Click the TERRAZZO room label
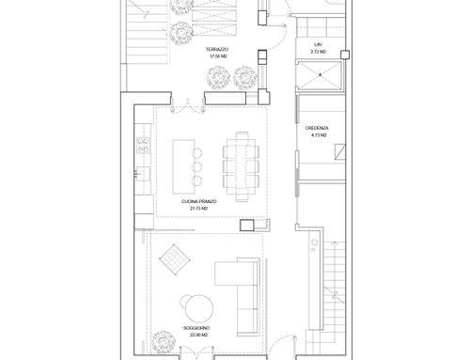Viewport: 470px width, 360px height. coord(217,49)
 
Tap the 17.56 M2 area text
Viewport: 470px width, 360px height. coord(218,56)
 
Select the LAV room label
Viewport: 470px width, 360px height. coord(318,45)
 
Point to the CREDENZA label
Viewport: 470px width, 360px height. coord(317,128)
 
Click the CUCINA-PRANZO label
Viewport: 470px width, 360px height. coord(199,201)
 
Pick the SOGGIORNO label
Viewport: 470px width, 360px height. coord(196,328)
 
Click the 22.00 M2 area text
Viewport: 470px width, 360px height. coord(198,335)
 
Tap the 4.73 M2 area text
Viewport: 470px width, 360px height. coord(319,135)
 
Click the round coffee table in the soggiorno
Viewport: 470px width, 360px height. coord(198,308)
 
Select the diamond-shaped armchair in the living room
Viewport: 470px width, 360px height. coord(175,259)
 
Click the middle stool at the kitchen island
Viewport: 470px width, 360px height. coord(196,167)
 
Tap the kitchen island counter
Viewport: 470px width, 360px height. coord(183,166)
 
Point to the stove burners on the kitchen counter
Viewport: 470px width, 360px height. coord(143,146)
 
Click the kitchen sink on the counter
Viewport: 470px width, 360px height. coord(143,174)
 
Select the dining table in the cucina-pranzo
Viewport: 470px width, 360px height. coord(242,166)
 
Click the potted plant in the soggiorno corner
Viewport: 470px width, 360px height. coord(164,342)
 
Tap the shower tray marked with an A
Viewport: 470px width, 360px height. coord(320,75)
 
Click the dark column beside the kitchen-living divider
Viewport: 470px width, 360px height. coord(247,226)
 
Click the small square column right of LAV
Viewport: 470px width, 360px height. coord(345,55)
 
